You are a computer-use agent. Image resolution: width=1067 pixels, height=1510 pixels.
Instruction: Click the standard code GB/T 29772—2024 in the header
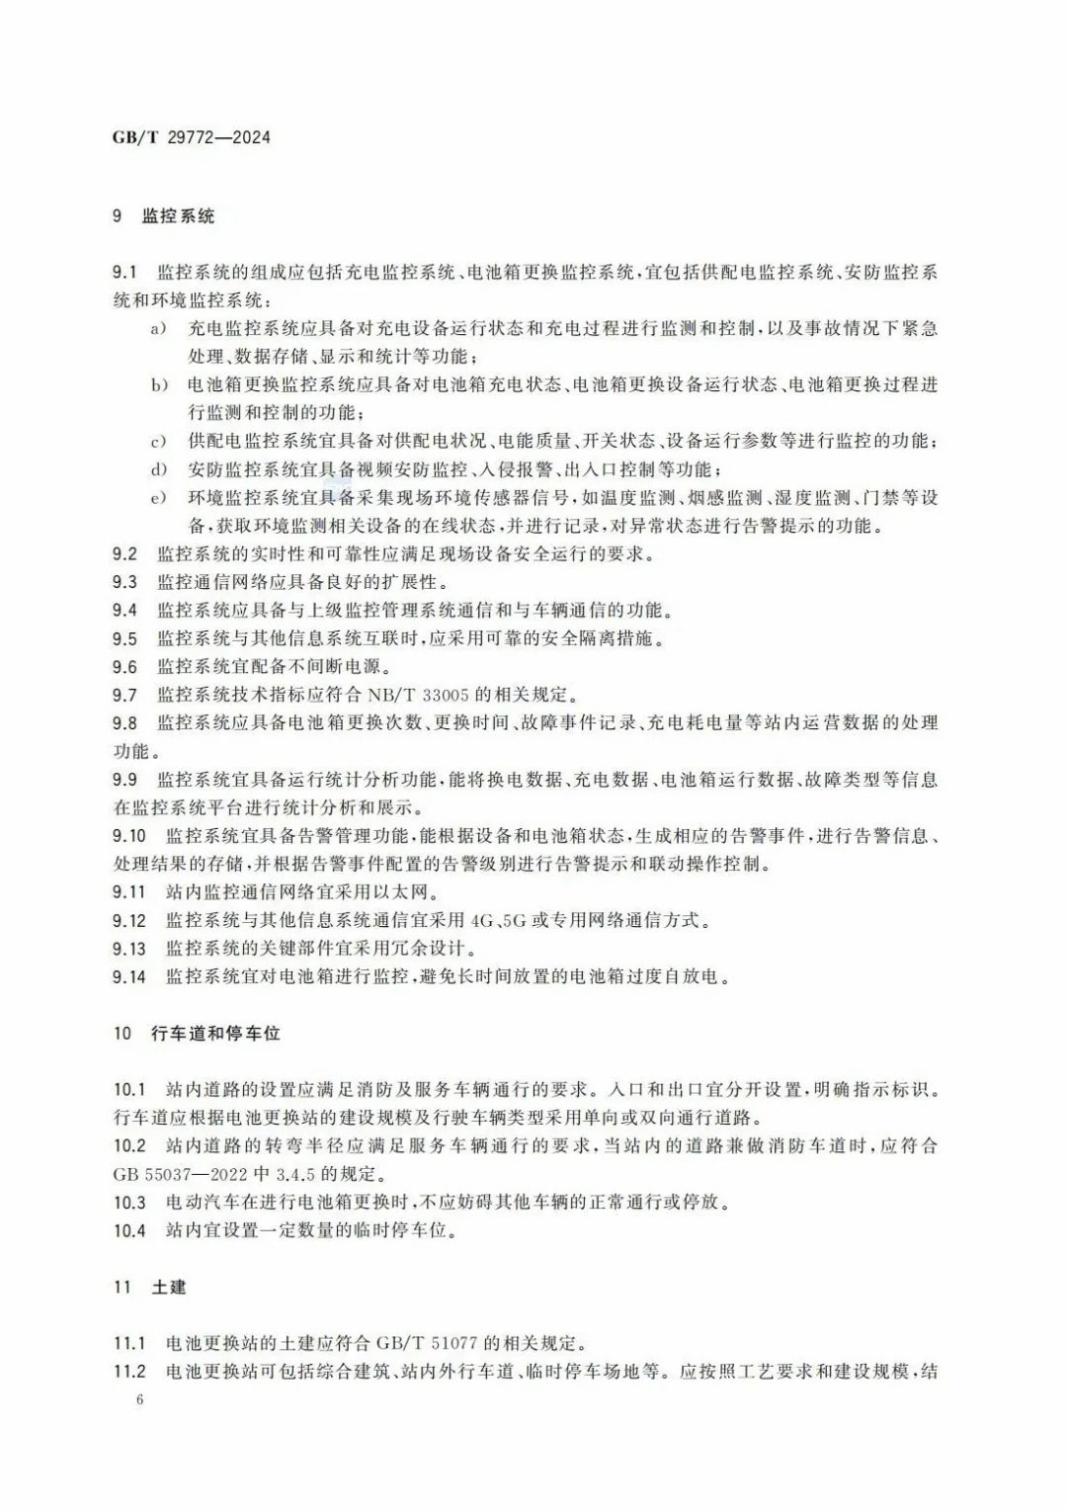pos(192,137)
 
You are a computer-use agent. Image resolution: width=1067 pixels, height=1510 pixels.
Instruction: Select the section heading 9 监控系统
pos(164,215)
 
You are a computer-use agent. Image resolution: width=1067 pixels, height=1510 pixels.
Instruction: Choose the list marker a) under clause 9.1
pos(158,328)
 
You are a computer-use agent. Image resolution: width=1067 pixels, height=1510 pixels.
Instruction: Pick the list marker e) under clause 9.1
pos(158,497)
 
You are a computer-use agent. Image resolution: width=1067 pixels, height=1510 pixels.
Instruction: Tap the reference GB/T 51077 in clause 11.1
pos(426,1344)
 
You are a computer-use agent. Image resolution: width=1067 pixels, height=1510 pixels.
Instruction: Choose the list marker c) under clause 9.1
pos(158,441)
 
